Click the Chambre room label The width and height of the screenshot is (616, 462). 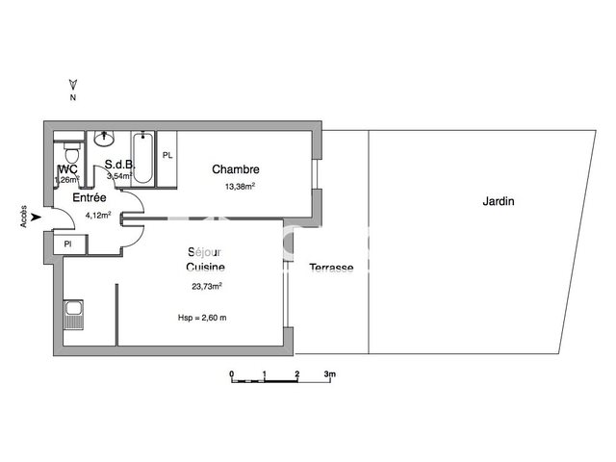(236, 170)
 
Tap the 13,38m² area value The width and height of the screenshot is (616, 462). (240, 187)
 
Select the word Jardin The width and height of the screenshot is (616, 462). (499, 202)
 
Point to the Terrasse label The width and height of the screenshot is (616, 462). (331, 268)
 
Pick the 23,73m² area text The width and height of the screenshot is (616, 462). (207, 285)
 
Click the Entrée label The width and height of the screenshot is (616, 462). (90, 196)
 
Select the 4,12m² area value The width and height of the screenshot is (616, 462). (99, 215)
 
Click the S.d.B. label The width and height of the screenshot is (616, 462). (118, 164)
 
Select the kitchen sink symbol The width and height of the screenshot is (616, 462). (72, 315)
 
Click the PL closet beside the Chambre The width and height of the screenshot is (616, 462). (167, 156)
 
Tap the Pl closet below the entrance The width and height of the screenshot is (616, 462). (67, 244)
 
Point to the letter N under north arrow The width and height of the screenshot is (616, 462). (71, 97)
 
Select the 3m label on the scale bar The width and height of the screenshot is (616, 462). (328, 372)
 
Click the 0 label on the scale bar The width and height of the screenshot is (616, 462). (231, 372)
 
